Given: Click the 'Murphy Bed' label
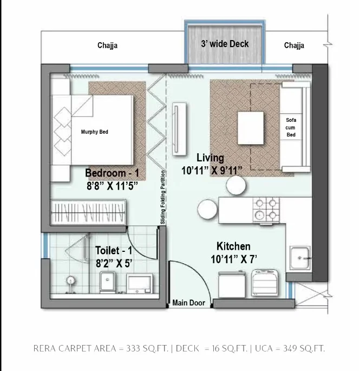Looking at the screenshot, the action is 94,132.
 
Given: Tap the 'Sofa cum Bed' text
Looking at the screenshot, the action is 291,127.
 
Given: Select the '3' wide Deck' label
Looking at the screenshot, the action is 225,44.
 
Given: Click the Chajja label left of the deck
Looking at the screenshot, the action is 107,45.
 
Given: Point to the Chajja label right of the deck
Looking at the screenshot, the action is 294,45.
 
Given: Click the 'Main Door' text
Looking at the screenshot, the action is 188,303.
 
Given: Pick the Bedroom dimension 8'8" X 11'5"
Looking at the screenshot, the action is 112,186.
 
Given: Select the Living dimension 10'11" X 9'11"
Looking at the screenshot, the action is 212,171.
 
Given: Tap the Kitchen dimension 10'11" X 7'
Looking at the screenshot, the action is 234,259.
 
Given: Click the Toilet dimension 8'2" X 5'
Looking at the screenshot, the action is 114,263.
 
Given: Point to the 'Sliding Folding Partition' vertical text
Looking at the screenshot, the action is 163,197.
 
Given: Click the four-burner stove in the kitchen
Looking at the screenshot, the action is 266,210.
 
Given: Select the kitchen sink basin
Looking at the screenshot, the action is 300,258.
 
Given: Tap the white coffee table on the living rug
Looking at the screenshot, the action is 251,128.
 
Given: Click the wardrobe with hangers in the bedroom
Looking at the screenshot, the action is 88,212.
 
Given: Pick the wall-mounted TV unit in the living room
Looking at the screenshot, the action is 179,129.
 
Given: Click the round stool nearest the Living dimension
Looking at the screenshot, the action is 236,185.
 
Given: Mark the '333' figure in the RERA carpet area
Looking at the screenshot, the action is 133,348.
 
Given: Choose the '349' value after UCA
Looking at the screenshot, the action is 290,348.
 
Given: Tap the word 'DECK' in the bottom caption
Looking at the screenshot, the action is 187,348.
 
